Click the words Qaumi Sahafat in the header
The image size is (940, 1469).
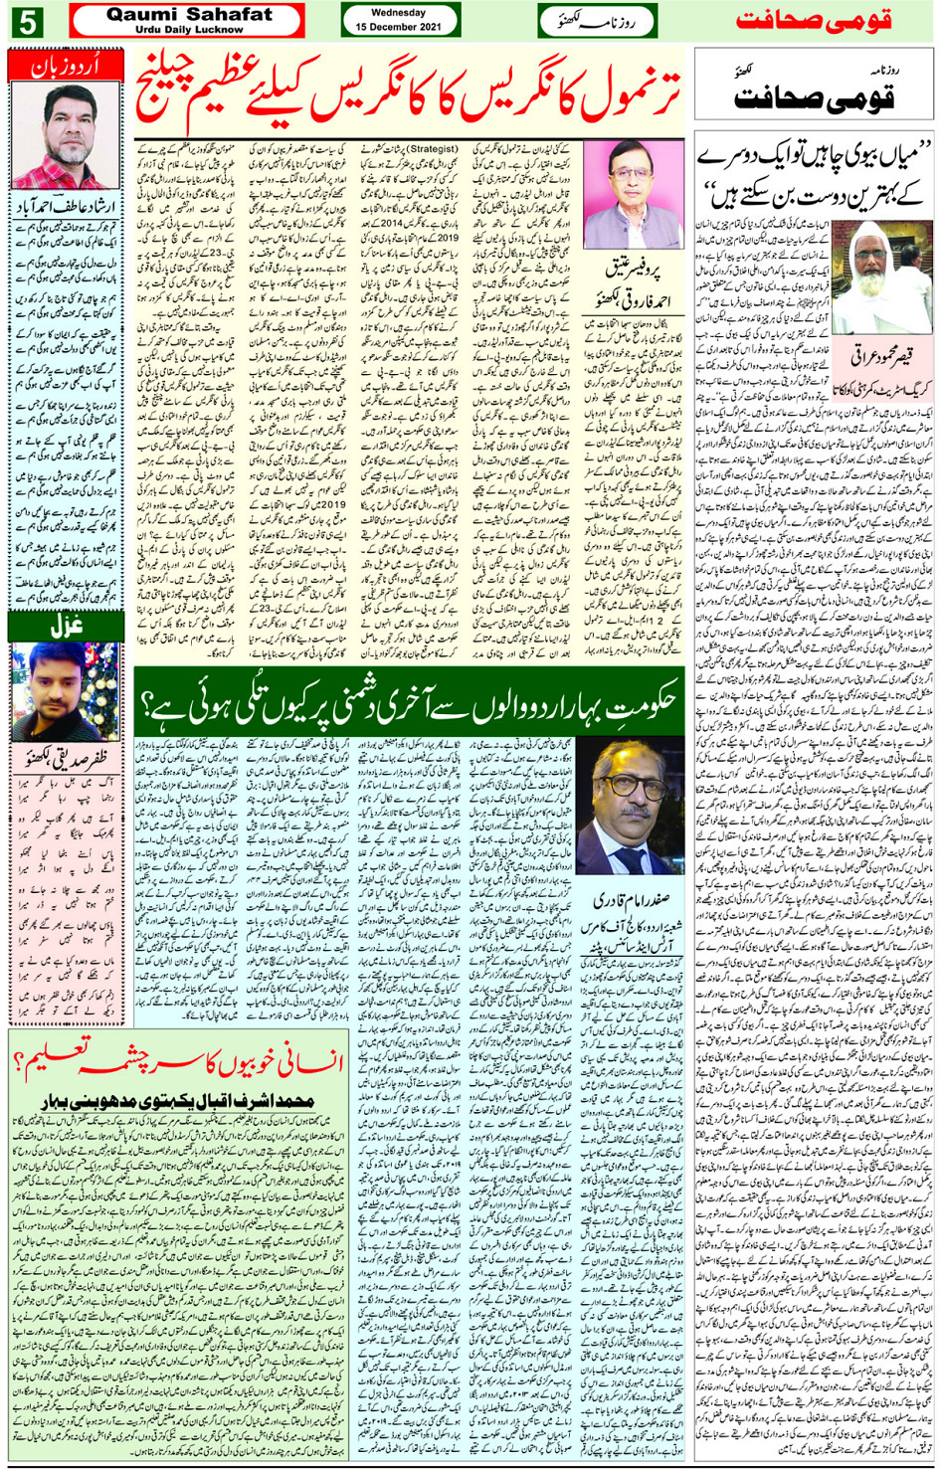click(x=188, y=15)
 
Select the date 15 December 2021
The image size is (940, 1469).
click(x=400, y=27)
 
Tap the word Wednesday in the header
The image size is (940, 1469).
click(x=400, y=13)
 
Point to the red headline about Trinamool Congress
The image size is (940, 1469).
click(x=411, y=93)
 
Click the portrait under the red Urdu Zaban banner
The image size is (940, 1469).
click(x=65, y=135)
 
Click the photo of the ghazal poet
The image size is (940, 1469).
click(x=65, y=690)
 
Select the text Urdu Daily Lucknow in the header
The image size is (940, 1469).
click(x=188, y=30)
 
